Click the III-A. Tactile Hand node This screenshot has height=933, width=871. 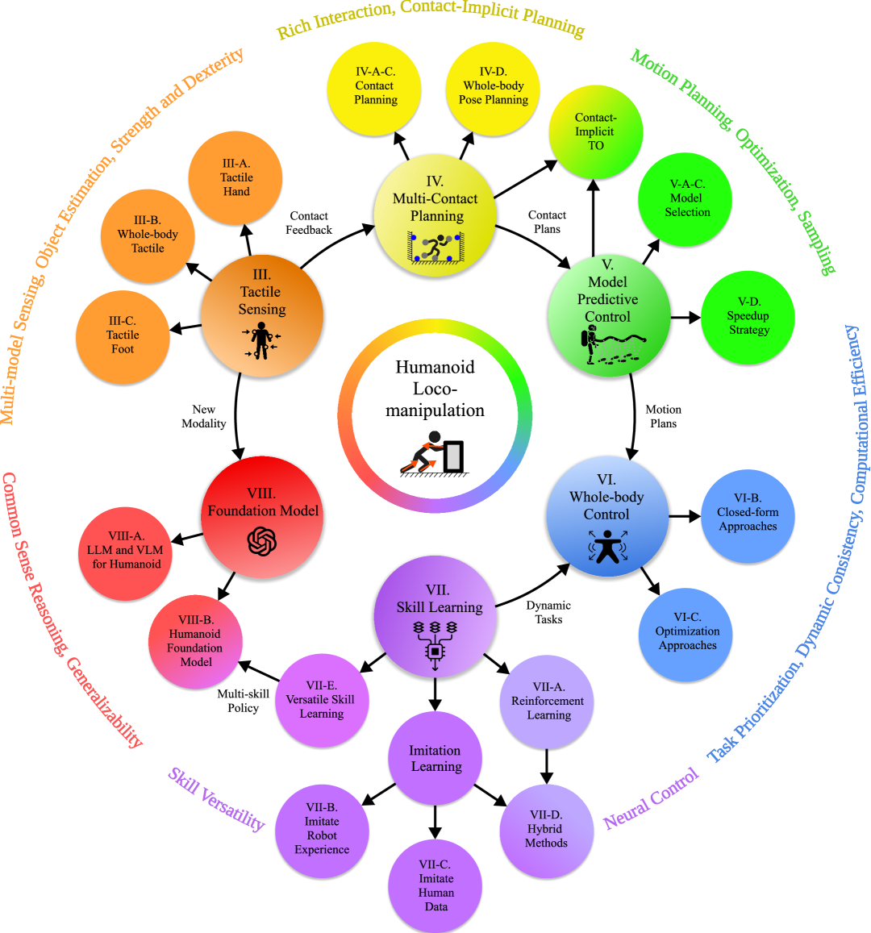tap(235, 177)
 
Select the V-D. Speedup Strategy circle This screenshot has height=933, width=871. tap(748, 317)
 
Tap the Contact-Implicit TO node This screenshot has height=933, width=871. tap(595, 131)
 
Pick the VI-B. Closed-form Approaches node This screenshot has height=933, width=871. tap(748, 514)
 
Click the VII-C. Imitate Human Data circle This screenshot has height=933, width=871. tap(435, 885)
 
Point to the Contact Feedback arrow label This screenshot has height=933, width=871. tap(309, 223)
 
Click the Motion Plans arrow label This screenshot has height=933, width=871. tap(664, 416)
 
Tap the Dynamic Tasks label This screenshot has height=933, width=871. tap(548, 612)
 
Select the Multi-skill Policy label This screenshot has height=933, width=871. tap(244, 700)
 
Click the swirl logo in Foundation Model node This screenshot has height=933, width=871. tap(262, 541)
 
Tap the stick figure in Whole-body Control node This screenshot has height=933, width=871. tap(606, 547)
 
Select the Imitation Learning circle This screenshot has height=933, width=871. tap(435, 759)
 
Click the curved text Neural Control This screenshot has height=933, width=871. tap(652, 799)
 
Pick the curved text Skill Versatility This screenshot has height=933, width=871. tap(216, 798)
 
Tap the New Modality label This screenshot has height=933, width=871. tap(204, 416)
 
